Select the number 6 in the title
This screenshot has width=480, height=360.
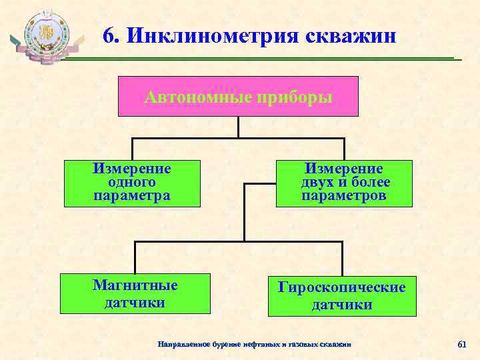coord(109,35)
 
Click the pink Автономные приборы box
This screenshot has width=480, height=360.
coord(238,96)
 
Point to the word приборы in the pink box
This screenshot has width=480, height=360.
coord(293,97)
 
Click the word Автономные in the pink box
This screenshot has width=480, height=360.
coord(197,97)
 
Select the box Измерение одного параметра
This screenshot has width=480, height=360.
coord(132,183)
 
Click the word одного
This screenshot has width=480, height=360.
coord(131,182)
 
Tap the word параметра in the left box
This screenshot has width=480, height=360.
coord(132,195)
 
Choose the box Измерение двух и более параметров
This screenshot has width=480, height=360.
coord(344,183)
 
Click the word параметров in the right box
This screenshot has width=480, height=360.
coord(344,195)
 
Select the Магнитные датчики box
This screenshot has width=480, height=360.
coord(135,294)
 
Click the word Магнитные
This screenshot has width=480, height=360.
coord(135,285)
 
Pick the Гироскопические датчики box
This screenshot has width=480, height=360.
coord(342,296)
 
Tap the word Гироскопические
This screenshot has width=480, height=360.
coord(342,287)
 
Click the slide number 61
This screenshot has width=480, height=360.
coord(461,344)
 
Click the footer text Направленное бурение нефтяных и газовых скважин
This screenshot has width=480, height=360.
coord(253,344)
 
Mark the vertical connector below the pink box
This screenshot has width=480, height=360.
coord(238,127)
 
